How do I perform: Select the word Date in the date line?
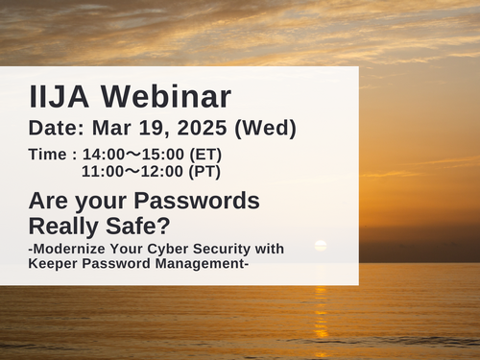[x=55, y=128]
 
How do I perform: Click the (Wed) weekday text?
[x=265, y=128]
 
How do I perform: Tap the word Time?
[x=48, y=155]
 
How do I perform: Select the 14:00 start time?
[x=105, y=155]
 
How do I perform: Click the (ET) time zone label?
[x=209, y=155]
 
